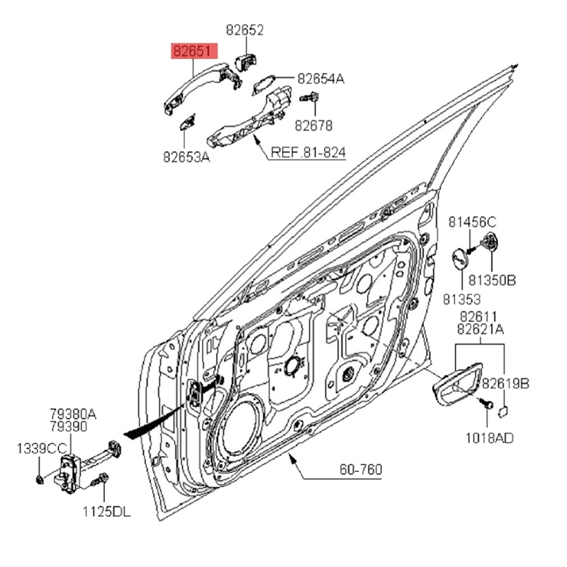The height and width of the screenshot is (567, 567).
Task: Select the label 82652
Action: (x=245, y=30)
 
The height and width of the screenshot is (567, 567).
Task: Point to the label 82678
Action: (x=313, y=125)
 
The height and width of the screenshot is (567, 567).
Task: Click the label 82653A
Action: (x=186, y=158)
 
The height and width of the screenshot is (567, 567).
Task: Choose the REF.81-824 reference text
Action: (x=308, y=152)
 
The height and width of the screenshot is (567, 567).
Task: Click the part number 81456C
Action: (x=471, y=222)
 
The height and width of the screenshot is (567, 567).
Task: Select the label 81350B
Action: (x=492, y=281)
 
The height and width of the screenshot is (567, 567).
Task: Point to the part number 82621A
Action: (x=481, y=330)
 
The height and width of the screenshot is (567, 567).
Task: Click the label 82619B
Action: (x=505, y=383)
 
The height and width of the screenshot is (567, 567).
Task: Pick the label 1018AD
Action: (x=490, y=438)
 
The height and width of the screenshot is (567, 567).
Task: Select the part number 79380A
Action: (x=73, y=413)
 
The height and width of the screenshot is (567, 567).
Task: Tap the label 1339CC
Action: (x=41, y=448)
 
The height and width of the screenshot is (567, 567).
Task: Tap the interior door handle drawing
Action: (x=454, y=385)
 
